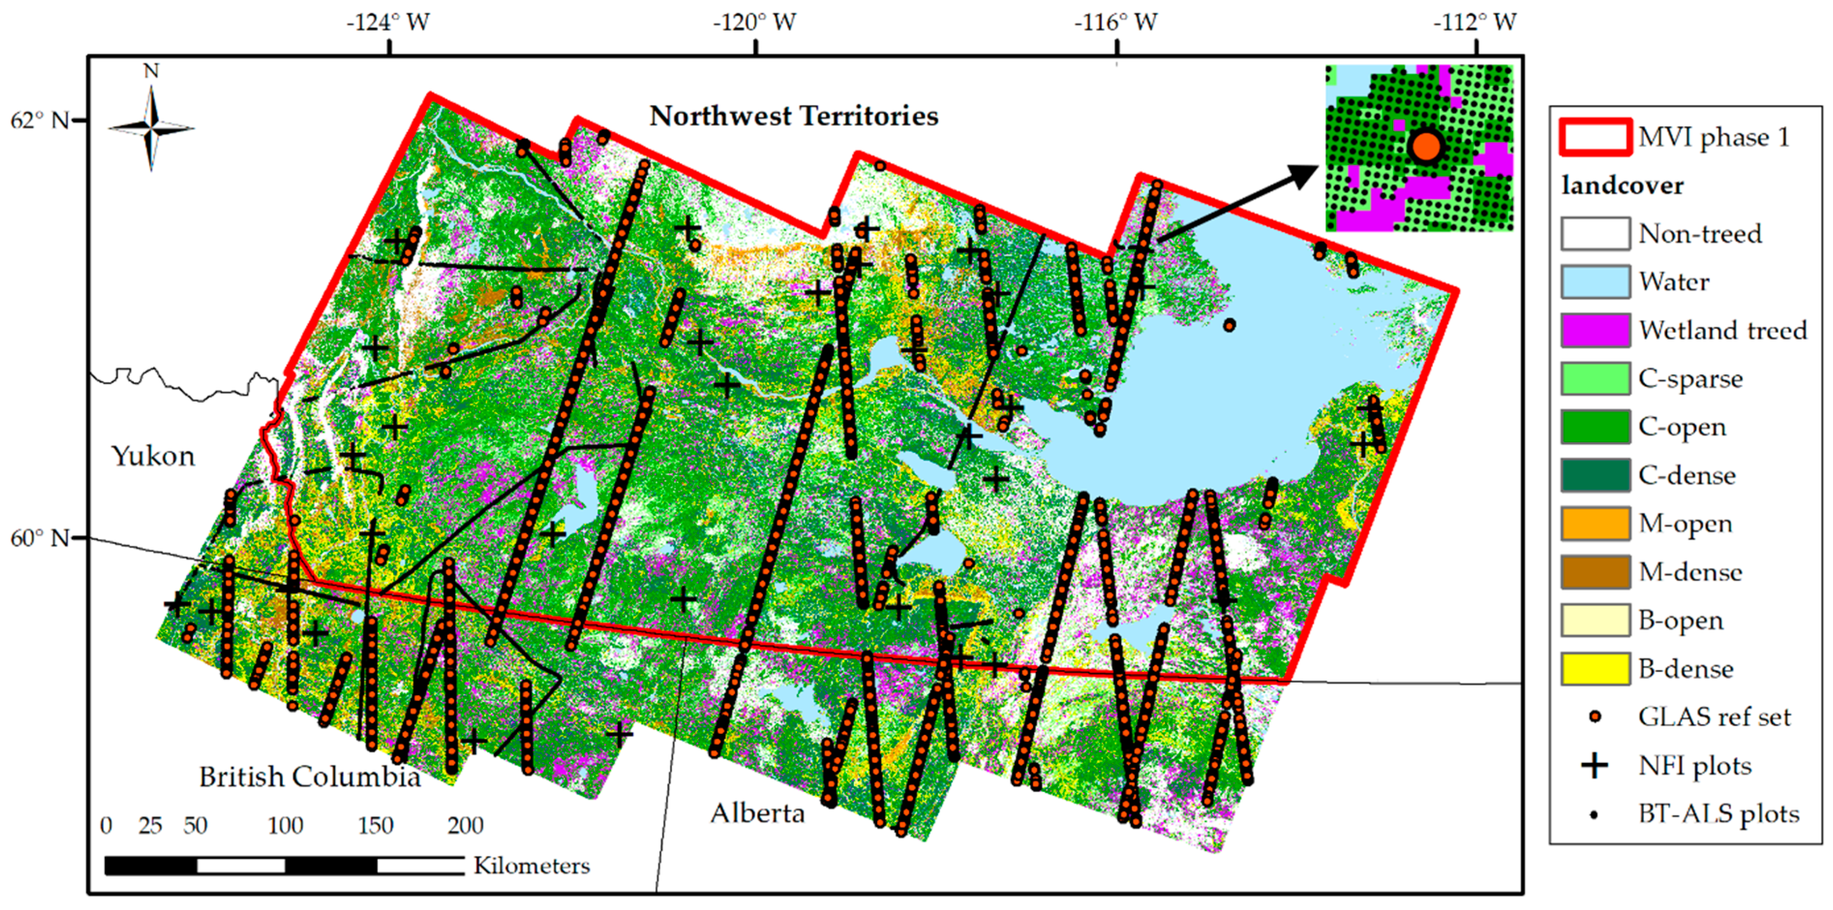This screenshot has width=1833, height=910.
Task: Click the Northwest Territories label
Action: (793, 116)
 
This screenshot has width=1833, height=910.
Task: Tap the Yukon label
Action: (153, 455)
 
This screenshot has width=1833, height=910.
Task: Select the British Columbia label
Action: (309, 776)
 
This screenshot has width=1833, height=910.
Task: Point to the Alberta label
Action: (757, 813)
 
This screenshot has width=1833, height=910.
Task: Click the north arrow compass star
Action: (151, 128)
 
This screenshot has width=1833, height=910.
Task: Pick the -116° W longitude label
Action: (1115, 23)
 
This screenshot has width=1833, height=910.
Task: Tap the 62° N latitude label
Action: (39, 121)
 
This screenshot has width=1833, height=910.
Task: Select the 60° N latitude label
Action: (39, 538)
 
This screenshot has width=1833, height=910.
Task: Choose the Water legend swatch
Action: (1595, 282)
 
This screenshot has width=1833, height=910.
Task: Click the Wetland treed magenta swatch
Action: (1595, 330)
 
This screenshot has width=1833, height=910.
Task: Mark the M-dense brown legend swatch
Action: (1595, 572)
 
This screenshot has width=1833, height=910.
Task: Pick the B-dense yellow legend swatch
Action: (1595, 669)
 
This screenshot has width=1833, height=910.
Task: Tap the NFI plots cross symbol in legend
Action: (1595, 765)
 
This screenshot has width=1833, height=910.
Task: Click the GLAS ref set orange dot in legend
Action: (1595, 717)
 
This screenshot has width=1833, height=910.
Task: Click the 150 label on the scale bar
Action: (375, 825)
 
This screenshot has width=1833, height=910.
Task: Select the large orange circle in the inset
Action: (1425, 147)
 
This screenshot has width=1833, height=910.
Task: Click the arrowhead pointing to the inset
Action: (1306, 174)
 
